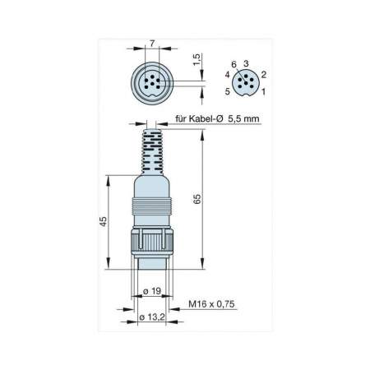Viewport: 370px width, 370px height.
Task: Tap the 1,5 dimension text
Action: [197, 60]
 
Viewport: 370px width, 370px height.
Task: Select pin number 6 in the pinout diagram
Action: [234, 63]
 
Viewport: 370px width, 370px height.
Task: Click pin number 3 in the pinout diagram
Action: [246, 63]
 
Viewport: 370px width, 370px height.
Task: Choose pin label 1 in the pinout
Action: [263, 91]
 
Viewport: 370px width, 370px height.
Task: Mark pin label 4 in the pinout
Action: [227, 75]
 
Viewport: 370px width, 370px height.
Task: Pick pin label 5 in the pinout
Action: [228, 91]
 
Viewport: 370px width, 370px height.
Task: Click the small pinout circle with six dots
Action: [245, 82]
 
